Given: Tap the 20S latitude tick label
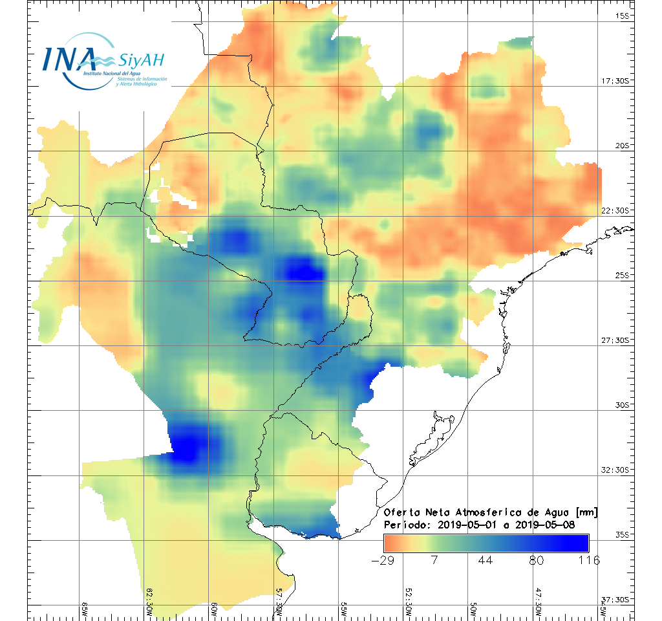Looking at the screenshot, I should point(622,146).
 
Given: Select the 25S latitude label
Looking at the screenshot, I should point(622,275).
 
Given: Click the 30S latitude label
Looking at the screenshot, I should point(622,405).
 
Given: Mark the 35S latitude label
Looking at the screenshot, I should point(622,534).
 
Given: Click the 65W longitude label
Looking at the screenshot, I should point(85,609).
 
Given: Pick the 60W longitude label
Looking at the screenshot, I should point(215,609).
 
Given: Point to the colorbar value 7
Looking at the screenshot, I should point(434,560).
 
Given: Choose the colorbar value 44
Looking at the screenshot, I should point(486,560).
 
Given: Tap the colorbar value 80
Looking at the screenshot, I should point(537,560).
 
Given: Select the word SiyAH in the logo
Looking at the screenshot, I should point(141,61).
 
